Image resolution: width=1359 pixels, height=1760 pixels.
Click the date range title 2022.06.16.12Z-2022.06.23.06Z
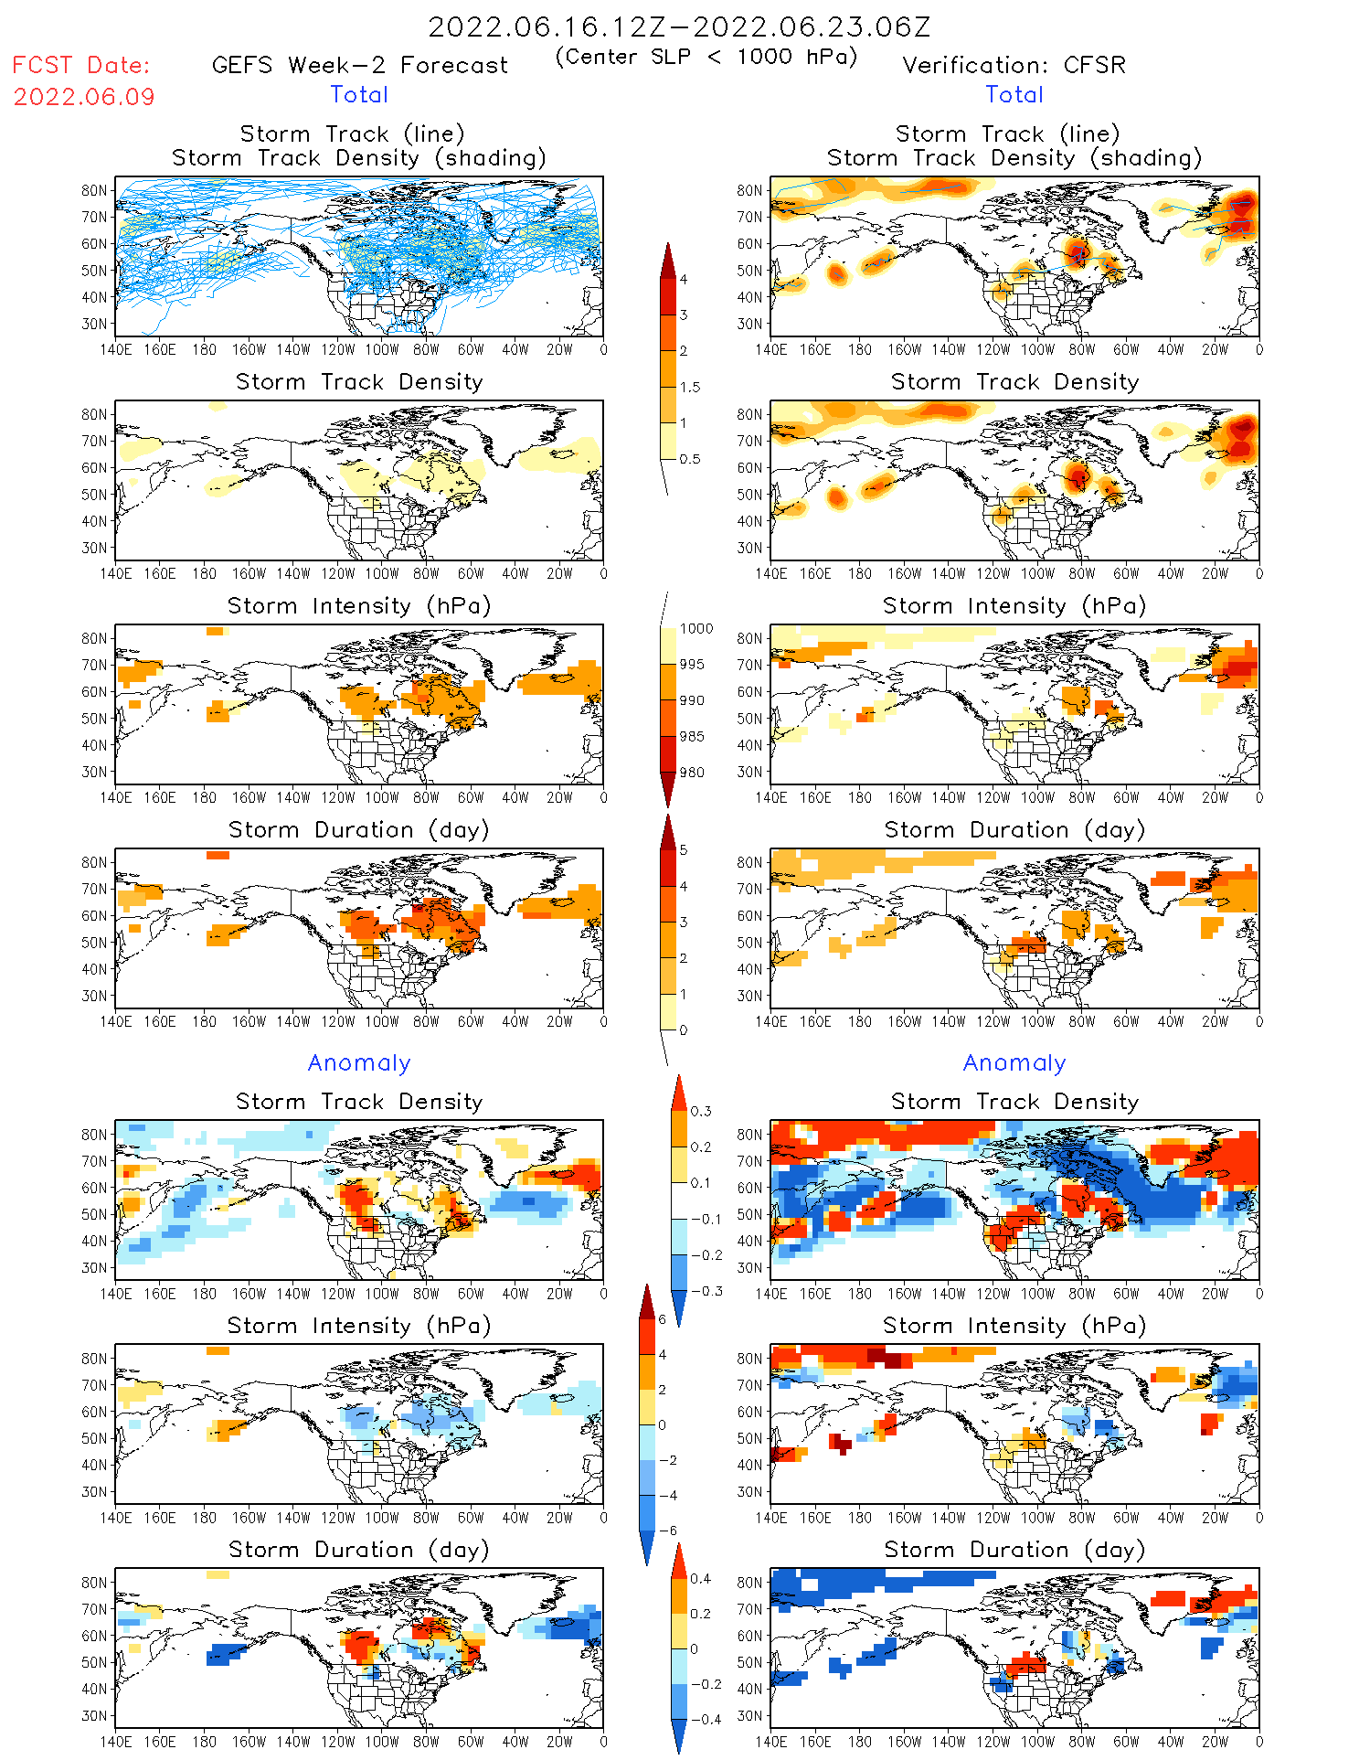point(679,27)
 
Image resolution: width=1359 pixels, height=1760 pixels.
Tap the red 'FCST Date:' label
point(81,65)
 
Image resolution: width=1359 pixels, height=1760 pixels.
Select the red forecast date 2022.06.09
point(84,97)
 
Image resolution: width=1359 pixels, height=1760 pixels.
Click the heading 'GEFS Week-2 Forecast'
point(359,65)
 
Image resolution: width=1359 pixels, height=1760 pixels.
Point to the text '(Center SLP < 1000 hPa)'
point(706,57)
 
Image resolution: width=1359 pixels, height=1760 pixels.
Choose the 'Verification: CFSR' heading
point(1014,65)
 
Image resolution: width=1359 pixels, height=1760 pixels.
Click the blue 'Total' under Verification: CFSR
point(1014,94)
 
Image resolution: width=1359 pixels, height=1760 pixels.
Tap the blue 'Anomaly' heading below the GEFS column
point(359,1062)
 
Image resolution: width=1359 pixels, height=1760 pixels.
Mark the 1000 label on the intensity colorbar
point(695,628)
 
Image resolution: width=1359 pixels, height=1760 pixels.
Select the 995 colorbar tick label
point(692,665)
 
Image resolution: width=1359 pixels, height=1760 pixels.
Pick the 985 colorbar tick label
point(692,736)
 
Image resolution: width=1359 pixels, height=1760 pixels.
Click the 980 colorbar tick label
point(692,773)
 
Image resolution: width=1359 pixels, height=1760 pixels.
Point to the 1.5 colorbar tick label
point(690,387)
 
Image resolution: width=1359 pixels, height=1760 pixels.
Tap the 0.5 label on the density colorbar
point(690,459)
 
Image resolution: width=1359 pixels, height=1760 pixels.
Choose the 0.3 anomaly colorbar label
point(701,1111)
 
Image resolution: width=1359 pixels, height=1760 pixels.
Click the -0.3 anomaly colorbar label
point(706,1291)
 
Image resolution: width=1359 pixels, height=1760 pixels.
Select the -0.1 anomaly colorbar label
point(706,1219)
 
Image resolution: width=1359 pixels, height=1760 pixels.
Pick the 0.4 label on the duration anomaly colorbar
point(701,1578)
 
